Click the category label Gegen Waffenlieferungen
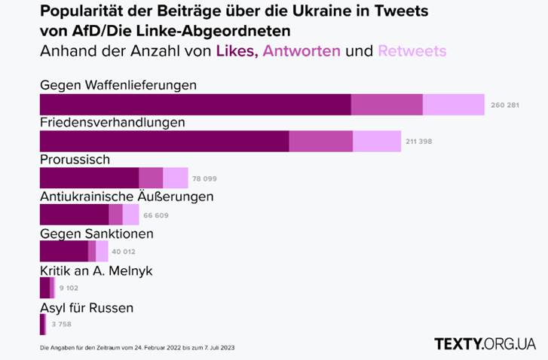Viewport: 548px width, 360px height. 118,85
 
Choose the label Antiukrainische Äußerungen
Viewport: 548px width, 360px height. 126,197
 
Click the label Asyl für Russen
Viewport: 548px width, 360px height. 86,307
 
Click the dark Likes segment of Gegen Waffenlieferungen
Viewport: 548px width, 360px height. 195,105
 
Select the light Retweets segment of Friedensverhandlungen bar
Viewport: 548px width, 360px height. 377,141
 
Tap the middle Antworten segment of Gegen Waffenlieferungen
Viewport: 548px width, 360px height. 387,105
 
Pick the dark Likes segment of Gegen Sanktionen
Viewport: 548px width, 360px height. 63,252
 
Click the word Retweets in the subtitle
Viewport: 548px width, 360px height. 412,51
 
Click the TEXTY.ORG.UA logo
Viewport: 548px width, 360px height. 485,343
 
